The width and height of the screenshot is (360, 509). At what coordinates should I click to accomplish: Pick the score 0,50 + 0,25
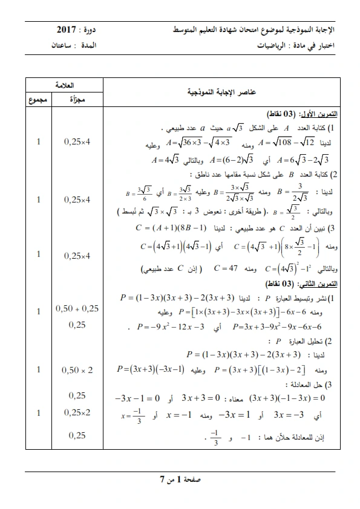(77, 308)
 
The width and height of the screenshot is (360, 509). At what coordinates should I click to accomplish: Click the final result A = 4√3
(164, 160)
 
